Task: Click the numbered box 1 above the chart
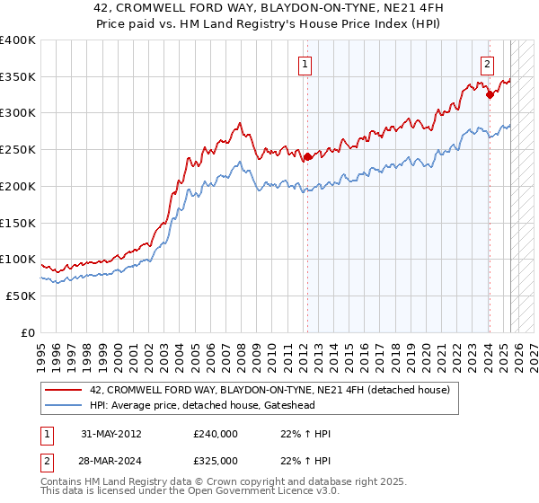click(x=305, y=64)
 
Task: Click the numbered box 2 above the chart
click(x=487, y=64)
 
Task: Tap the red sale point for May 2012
click(x=307, y=157)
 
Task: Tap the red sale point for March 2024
click(x=490, y=94)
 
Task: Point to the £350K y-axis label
click(x=18, y=77)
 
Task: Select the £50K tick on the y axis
click(x=22, y=296)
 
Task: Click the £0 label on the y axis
click(x=27, y=332)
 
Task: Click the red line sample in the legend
click(x=65, y=389)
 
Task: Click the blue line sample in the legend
click(x=65, y=405)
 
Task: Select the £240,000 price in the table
click(x=215, y=434)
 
